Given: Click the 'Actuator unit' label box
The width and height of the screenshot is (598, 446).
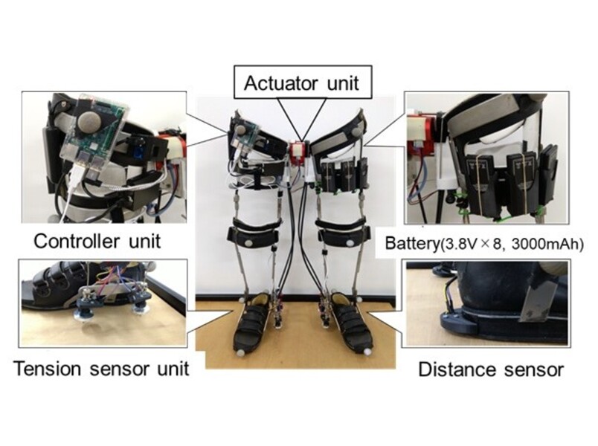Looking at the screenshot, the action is (303, 83).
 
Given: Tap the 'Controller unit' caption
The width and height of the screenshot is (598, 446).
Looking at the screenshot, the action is (97, 242).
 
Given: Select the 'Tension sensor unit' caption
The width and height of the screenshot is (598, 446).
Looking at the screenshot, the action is (101, 369).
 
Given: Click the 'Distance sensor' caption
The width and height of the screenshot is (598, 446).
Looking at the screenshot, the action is (491, 369).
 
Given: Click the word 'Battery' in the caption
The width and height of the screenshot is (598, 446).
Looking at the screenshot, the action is (412, 243).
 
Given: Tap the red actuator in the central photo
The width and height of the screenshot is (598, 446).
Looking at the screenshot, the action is (298, 152).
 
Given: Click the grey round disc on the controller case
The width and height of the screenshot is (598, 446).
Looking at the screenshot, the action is (89, 122).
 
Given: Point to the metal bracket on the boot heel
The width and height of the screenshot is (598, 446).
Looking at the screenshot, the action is (531, 303).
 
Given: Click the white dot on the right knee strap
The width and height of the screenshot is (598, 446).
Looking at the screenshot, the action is (349, 242).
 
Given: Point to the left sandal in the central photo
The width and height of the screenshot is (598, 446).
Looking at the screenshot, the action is (252, 321).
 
